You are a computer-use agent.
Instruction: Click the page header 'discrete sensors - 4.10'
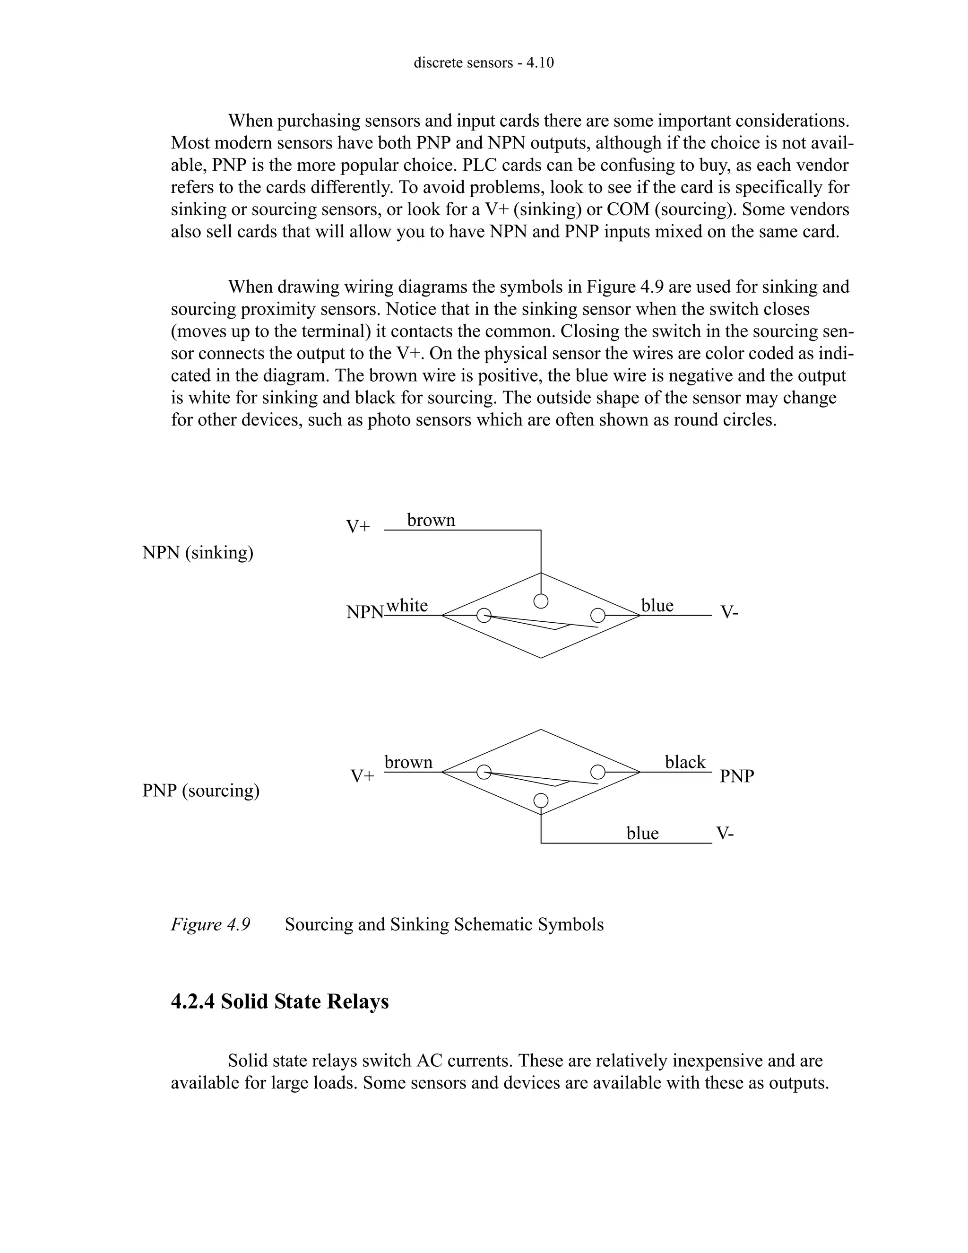484,62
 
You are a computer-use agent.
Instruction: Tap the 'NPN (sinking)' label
198,552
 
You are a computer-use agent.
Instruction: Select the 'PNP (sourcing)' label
201,791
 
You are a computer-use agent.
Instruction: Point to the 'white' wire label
407,605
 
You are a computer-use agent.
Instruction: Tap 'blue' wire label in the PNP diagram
642,833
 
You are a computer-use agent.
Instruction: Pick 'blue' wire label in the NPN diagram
657,605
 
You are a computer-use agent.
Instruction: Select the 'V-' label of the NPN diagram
729,613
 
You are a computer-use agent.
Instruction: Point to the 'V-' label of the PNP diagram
725,833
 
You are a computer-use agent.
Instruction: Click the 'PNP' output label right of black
737,776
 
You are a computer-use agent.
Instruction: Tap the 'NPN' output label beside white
365,613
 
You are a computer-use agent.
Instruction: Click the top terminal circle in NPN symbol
541,600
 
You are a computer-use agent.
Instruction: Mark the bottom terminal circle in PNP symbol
541,801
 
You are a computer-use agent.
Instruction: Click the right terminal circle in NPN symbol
597,616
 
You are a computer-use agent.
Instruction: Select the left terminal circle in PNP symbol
484,772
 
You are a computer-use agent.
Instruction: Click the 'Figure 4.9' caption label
210,925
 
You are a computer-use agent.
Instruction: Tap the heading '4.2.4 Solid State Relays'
280,1001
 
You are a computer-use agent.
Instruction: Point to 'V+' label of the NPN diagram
358,527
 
